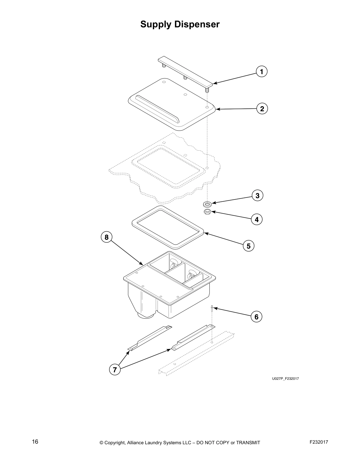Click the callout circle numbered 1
[261, 71]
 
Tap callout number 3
[257, 196]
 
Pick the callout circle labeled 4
[257, 219]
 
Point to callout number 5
[249, 246]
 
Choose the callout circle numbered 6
[256, 317]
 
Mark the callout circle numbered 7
[115, 370]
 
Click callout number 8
[106, 237]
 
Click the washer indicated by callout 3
[207, 204]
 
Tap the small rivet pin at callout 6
[212, 309]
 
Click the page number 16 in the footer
[35, 442]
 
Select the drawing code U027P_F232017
[285, 379]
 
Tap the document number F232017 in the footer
[319, 442]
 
